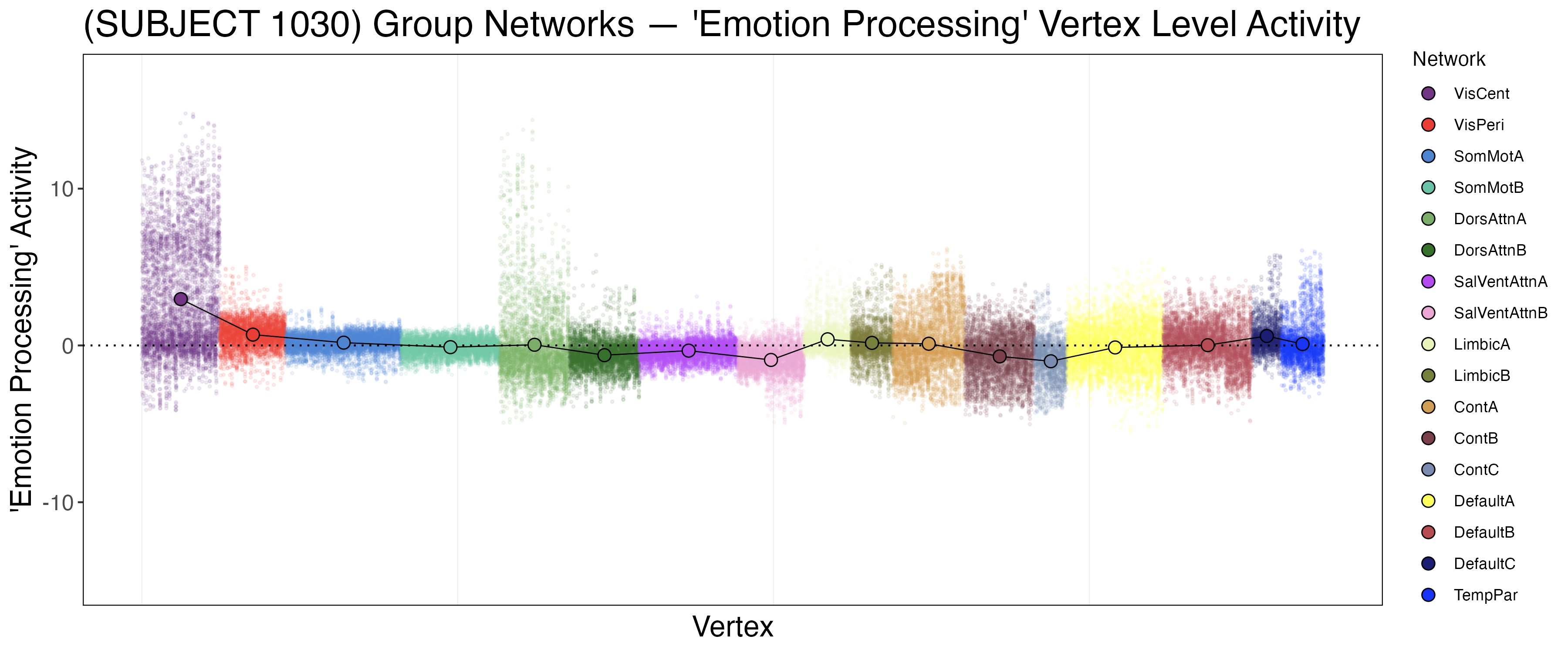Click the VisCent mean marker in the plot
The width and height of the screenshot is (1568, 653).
pyautogui.click(x=181, y=299)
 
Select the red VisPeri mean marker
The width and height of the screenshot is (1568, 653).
pyautogui.click(x=253, y=335)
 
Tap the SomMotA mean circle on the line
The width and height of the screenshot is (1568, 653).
pyautogui.click(x=344, y=343)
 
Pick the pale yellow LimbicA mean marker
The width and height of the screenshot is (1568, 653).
pyautogui.click(x=827, y=339)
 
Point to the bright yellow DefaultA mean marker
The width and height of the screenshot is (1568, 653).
pyautogui.click(x=1115, y=347)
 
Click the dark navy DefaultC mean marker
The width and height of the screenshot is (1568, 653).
pyautogui.click(x=1267, y=336)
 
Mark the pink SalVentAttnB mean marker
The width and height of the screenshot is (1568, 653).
pyautogui.click(x=770, y=360)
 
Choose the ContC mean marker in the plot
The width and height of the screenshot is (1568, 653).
pyautogui.click(x=1051, y=361)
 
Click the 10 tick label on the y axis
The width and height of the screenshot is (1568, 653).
pyautogui.click(x=61, y=189)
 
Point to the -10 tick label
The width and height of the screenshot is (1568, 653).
pyautogui.click(x=58, y=503)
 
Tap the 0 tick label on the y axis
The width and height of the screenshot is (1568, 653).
pyautogui.click(x=68, y=346)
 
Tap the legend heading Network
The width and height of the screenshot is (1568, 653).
pyautogui.click(x=1449, y=59)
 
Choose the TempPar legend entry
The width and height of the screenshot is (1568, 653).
pyautogui.click(x=1485, y=595)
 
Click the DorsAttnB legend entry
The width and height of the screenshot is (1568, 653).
pyautogui.click(x=1490, y=250)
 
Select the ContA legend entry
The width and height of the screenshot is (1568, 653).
pyautogui.click(x=1476, y=407)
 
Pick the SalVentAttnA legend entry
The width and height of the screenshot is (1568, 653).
pyautogui.click(x=1500, y=282)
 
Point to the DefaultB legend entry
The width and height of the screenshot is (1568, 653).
pyautogui.click(x=1484, y=532)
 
